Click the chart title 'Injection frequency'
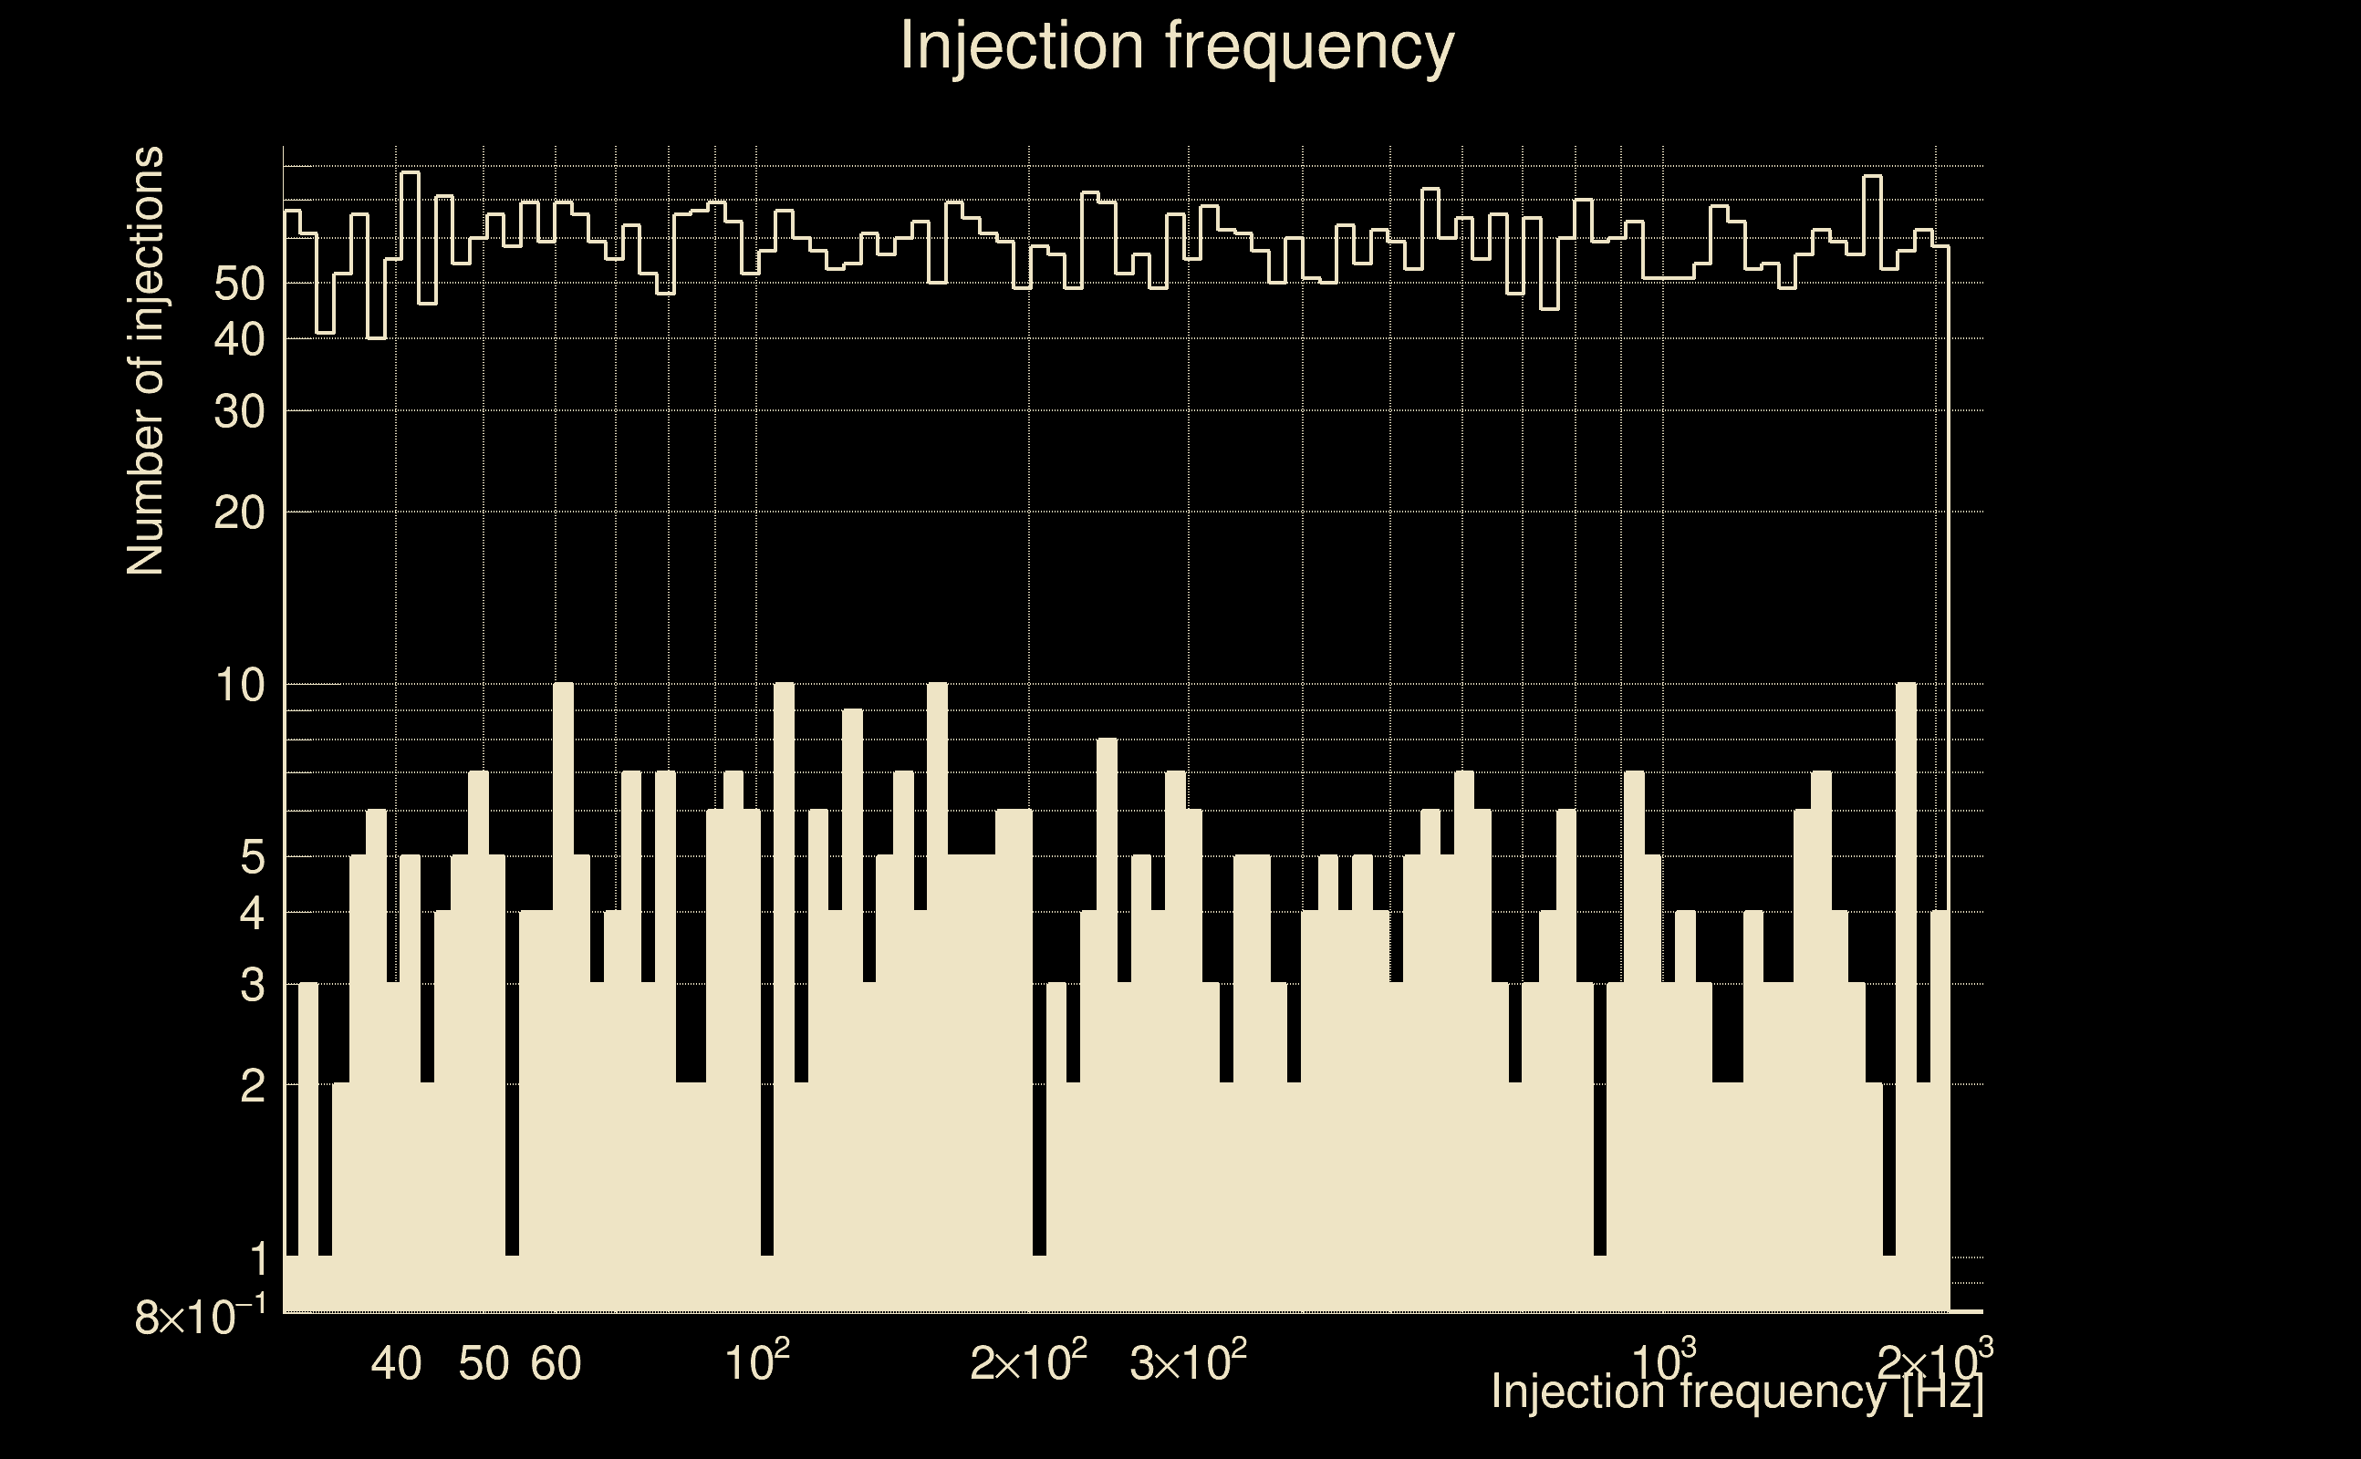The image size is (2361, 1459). click(x=1177, y=46)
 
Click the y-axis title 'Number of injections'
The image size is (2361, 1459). click(x=146, y=361)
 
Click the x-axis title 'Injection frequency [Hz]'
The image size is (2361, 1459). click(x=1736, y=1392)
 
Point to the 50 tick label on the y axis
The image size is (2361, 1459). click(x=239, y=284)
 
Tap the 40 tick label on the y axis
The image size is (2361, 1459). click(x=239, y=339)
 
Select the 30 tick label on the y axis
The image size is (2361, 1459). click(x=239, y=412)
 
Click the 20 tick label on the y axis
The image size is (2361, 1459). click(x=239, y=513)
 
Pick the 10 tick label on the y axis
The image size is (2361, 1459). click(x=239, y=686)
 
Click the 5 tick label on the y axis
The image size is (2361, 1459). click(x=252, y=857)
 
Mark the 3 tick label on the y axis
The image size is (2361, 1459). click(x=252, y=985)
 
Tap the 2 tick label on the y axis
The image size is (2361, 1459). click(x=252, y=1087)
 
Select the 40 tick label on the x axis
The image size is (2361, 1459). click(x=396, y=1363)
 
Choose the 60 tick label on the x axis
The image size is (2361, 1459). click(x=556, y=1363)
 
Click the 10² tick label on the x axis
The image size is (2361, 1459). click(x=757, y=1361)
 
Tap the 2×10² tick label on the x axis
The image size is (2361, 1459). click(x=1028, y=1361)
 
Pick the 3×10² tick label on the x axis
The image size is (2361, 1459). click(x=1187, y=1361)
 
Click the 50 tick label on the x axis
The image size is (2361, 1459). click(x=483, y=1363)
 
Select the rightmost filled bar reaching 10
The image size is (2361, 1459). click(x=1906, y=994)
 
